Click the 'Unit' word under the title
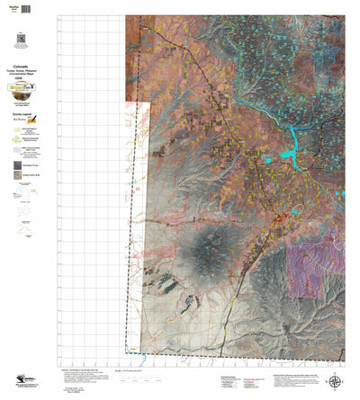19,79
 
